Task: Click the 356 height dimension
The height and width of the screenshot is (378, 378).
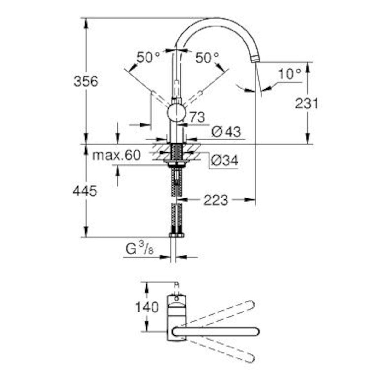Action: click(86, 82)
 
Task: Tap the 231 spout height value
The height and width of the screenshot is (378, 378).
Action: click(306, 104)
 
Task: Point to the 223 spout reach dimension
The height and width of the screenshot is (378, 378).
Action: click(215, 200)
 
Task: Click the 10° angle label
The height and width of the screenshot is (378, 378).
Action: click(289, 74)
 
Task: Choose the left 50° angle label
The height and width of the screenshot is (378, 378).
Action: click(148, 58)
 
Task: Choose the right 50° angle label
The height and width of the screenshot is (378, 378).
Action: click(207, 58)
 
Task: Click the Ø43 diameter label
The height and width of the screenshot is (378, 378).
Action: click(226, 132)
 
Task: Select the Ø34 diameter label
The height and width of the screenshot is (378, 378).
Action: click(224, 161)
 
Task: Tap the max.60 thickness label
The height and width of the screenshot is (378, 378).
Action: click(117, 155)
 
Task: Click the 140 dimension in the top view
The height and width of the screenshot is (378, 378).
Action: click(147, 306)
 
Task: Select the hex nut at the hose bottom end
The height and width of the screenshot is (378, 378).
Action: click(176, 235)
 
